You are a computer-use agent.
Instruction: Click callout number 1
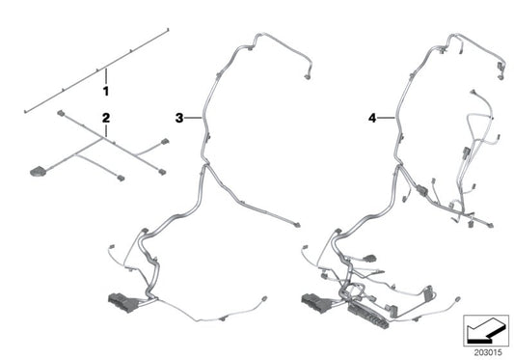[x=106, y=91]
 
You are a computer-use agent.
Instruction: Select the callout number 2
[x=106, y=120]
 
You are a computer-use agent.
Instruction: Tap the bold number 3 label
[x=179, y=118]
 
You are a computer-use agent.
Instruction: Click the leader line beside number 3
[x=193, y=118]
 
